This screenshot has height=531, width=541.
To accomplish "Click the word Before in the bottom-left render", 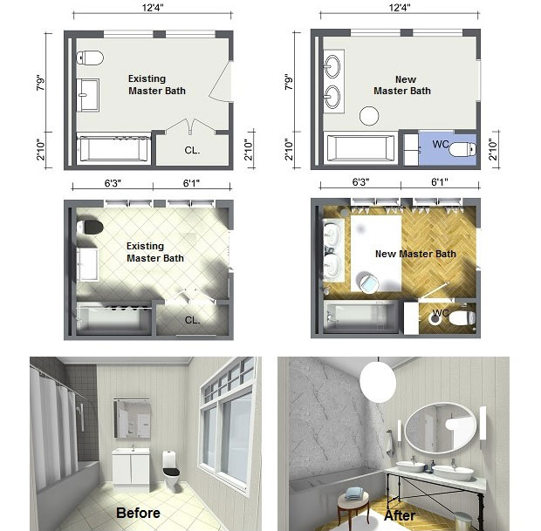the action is (138, 513).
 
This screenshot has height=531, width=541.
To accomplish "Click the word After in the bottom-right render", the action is (400, 515).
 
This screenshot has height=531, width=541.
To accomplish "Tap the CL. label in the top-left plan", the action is (192, 150).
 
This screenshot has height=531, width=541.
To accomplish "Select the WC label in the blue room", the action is (441, 144).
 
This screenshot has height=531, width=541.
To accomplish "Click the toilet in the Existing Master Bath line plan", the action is (90, 58).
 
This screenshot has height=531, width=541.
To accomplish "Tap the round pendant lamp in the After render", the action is (378, 381).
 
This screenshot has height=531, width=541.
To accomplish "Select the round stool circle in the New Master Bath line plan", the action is (369, 116).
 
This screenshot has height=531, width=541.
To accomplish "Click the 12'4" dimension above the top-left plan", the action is (153, 8).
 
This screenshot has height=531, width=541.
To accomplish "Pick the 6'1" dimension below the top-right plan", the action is (440, 181).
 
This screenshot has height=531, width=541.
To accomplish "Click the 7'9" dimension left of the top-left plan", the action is (41, 83).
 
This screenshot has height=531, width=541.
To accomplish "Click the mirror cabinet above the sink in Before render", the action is (133, 419).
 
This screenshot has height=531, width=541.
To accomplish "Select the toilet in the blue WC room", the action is (462, 149).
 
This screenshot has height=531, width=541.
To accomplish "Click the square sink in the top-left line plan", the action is (87, 95).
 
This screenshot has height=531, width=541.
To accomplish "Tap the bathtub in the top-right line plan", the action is (360, 148).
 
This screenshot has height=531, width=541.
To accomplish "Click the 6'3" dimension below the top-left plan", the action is (113, 183).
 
